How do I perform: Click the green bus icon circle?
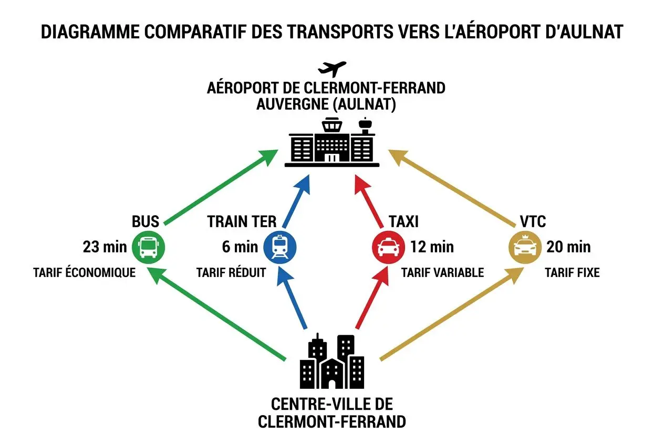pos(148,247)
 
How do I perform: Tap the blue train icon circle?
pos(279,247)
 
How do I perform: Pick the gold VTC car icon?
pos(525,247)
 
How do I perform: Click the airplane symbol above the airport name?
pos(332,69)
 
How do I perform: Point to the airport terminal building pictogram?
pos(332,144)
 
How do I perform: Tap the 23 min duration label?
pos(105,247)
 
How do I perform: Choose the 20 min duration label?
pos(568,247)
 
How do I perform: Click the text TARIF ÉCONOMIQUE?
pos(84,273)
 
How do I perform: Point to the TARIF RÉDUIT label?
pos(231,273)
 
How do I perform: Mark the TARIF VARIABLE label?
pos(442,273)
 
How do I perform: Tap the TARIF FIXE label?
pos(572,273)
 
